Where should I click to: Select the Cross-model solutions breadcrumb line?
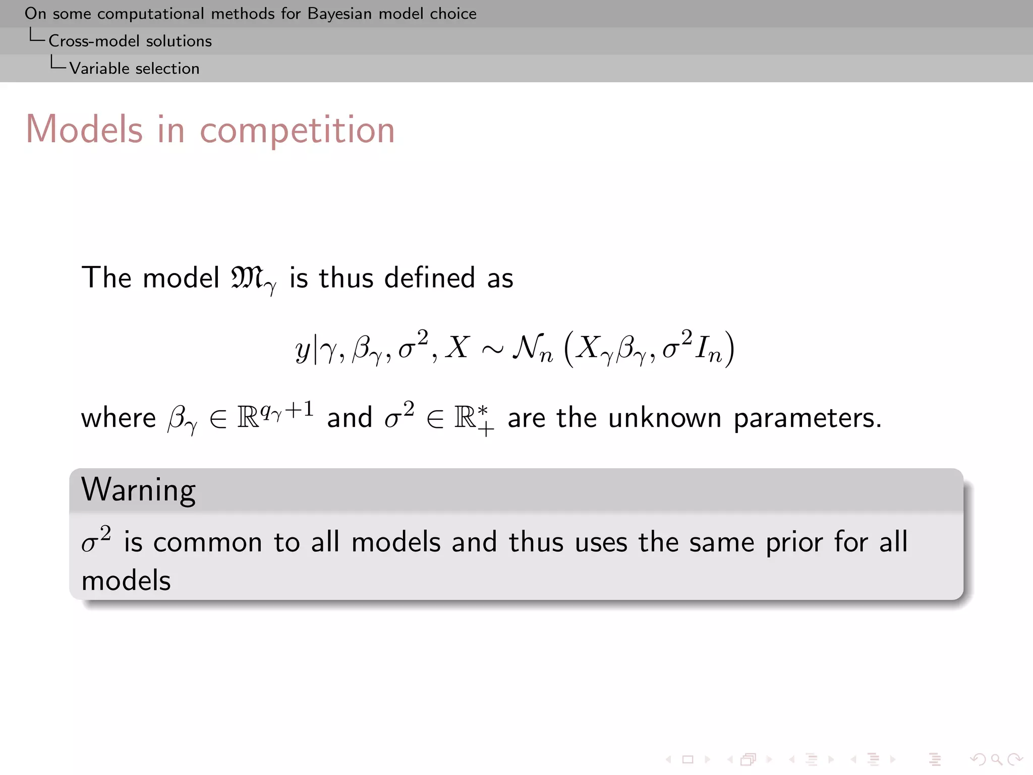coord(130,41)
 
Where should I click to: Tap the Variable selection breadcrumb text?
coord(134,68)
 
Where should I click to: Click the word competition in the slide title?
coord(297,130)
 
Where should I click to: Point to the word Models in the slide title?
coord(84,129)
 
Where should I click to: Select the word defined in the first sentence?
coord(429,278)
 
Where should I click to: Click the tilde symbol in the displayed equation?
coord(492,349)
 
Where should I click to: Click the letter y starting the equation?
coord(302,349)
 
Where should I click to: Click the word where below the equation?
coord(119,418)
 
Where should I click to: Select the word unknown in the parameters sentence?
coord(665,418)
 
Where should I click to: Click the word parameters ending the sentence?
coord(807,418)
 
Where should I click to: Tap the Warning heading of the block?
coord(138,490)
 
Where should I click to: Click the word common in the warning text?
coord(207,543)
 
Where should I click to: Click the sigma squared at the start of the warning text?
coord(96,541)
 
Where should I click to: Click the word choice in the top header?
coord(452,14)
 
